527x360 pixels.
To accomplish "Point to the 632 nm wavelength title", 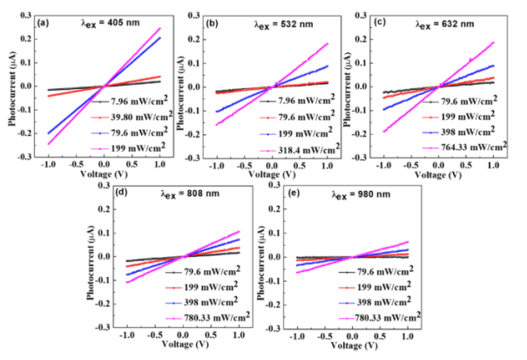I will (438, 12).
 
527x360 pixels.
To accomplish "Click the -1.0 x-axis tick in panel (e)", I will (297, 336).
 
